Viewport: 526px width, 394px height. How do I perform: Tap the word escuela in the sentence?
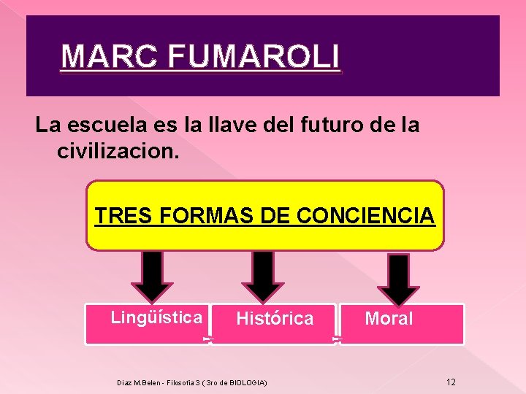[104, 125]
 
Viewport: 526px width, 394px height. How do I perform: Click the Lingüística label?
[156, 317]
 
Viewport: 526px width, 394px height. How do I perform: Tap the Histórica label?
[275, 319]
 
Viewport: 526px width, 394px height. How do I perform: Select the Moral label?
[389, 319]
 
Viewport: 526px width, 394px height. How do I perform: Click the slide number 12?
[451, 382]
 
